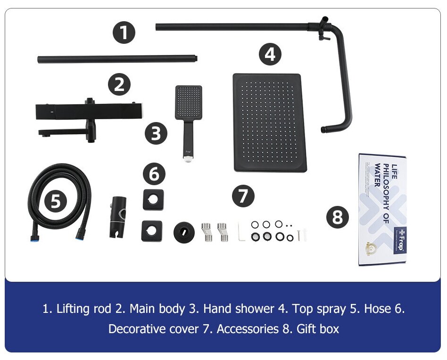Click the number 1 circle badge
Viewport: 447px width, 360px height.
[124, 33]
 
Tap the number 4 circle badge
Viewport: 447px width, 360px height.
[270, 54]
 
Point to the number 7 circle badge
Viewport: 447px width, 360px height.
[243, 196]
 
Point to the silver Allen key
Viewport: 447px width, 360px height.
[241, 231]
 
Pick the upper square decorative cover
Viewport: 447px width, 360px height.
[153, 200]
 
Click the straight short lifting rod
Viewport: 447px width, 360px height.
[117, 59]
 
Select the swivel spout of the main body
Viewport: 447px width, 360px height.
[66, 131]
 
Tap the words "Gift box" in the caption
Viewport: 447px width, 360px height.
[317, 328]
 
